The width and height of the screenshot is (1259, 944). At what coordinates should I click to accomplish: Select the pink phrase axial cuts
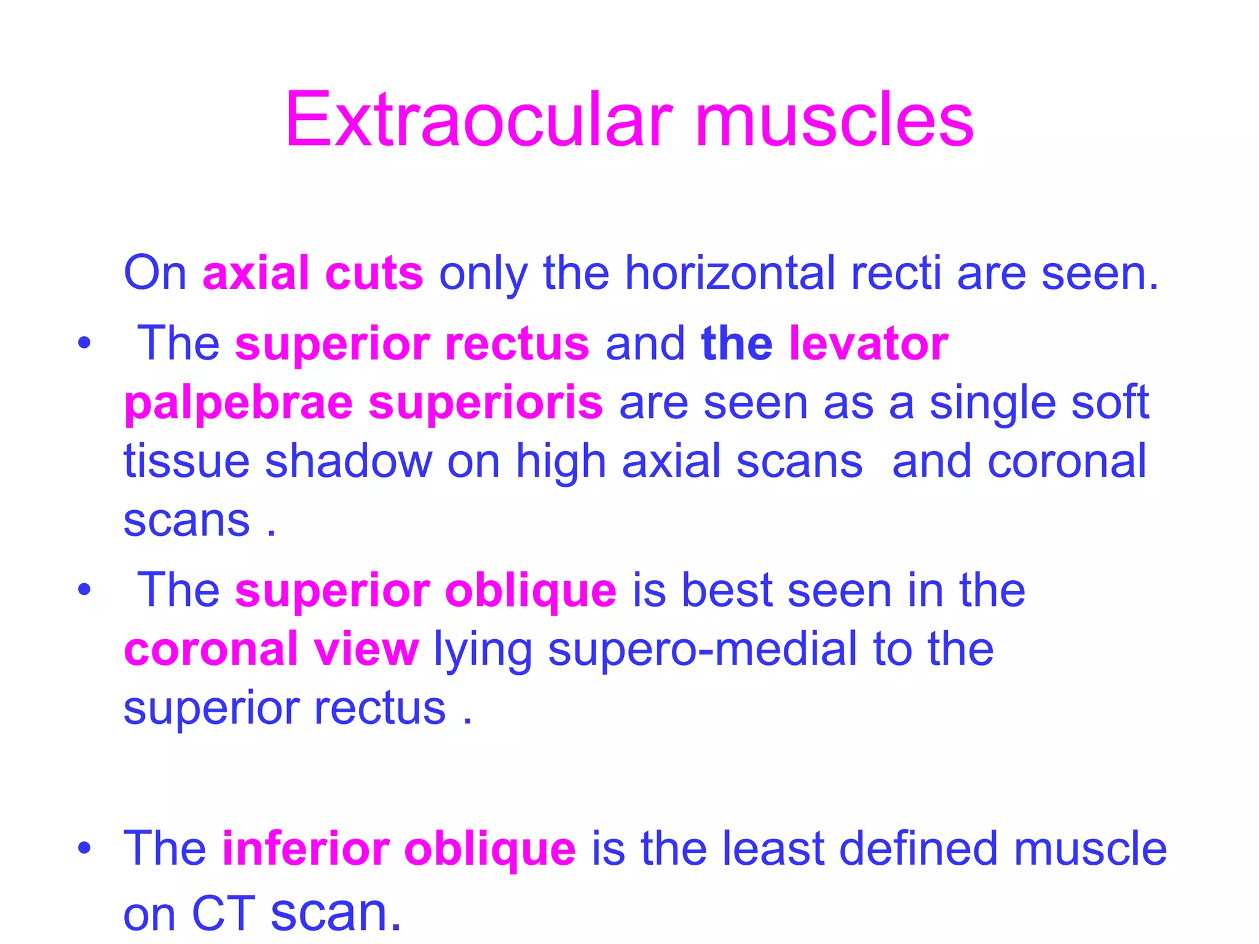click(312, 273)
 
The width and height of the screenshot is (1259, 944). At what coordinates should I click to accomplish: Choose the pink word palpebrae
click(238, 403)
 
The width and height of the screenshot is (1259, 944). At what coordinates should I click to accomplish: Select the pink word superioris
click(485, 403)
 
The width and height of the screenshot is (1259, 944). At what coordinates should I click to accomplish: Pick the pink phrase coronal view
click(271, 649)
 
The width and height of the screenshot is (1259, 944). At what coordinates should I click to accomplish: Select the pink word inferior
click(305, 848)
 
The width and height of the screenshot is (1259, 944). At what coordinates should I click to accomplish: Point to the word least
click(773, 848)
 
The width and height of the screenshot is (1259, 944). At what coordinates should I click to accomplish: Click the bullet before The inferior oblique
click(84, 849)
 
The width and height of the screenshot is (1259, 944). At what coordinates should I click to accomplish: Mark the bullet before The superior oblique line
click(84, 591)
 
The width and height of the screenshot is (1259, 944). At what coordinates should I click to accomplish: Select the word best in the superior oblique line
click(727, 591)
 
